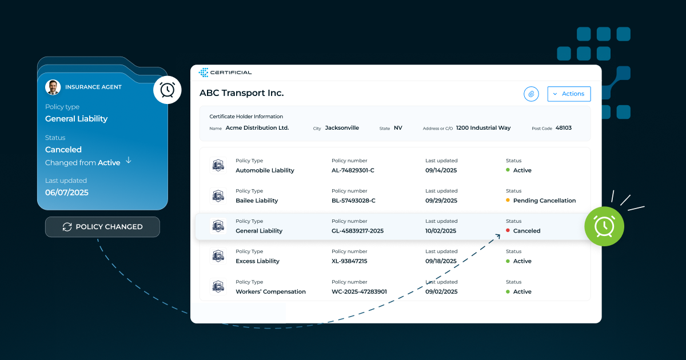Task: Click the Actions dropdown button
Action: [569, 94]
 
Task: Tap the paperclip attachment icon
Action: [531, 94]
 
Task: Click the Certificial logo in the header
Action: [225, 73]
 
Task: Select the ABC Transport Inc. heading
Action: [241, 93]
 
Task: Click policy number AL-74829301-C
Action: [353, 170]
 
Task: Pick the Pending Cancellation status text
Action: [544, 201]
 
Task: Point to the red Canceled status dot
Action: [508, 231]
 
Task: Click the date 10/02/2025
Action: [441, 231]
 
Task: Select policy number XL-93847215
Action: [349, 261]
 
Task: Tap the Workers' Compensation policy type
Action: [270, 291]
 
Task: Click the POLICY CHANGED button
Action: [102, 227]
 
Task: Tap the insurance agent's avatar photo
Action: [53, 87]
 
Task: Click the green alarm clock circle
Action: [604, 226]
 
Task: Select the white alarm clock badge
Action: [167, 90]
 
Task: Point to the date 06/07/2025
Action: [67, 193]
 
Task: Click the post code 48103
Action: [563, 128]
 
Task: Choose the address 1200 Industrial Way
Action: [483, 128]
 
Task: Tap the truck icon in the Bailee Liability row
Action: [218, 196]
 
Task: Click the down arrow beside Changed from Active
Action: [128, 161]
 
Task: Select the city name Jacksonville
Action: [342, 128]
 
